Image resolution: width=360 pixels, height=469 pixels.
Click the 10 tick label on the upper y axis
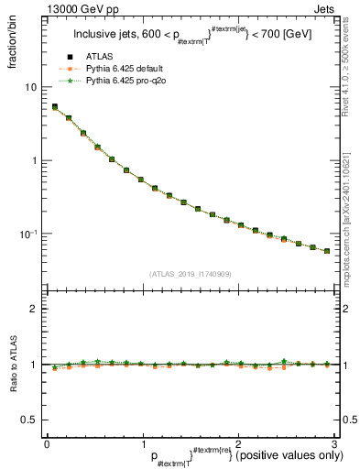[x=30, y=87]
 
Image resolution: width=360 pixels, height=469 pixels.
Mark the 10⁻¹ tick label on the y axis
[x=29, y=234]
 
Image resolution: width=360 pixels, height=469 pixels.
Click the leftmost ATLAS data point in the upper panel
[x=55, y=107]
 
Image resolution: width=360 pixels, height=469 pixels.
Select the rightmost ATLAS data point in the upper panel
[x=327, y=250]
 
